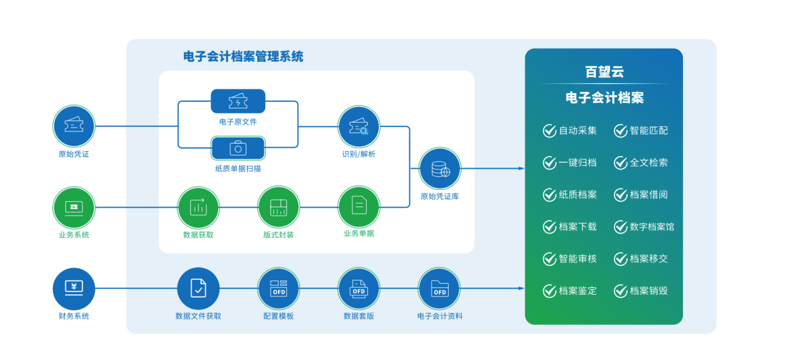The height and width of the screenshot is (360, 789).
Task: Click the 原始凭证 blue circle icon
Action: click(74, 126)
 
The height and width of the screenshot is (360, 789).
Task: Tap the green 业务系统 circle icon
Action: click(74, 208)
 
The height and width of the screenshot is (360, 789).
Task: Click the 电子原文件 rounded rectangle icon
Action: click(238, 101)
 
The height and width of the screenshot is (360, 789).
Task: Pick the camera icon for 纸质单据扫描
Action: click(238, 149)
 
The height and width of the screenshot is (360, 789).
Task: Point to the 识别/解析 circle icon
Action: click(359, 126)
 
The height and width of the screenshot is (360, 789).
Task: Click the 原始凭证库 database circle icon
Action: click(440, 168)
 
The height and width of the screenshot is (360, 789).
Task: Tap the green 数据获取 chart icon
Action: click(198, 208)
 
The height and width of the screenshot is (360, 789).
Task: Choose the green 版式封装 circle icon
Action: click(279, 207)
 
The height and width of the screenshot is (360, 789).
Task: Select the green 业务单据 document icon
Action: click(359, 207)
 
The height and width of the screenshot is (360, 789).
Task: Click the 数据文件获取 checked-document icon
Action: click(198, 288)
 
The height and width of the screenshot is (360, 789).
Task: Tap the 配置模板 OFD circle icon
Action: click(279, 288)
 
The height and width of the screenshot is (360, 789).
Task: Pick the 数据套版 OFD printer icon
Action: click(359, 288)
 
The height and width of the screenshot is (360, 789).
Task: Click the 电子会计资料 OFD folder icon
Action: click(439, 288)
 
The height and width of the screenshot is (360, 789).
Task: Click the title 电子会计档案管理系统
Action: click(243, 56)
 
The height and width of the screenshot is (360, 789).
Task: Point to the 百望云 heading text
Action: click(605, 72)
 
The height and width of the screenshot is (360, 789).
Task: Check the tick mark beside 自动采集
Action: click(549, 131)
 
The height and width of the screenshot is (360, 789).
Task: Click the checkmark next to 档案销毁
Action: click(621, 291)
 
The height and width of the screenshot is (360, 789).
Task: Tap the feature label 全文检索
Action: click(649, 163)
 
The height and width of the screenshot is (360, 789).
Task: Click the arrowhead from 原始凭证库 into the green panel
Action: click(521, 168)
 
